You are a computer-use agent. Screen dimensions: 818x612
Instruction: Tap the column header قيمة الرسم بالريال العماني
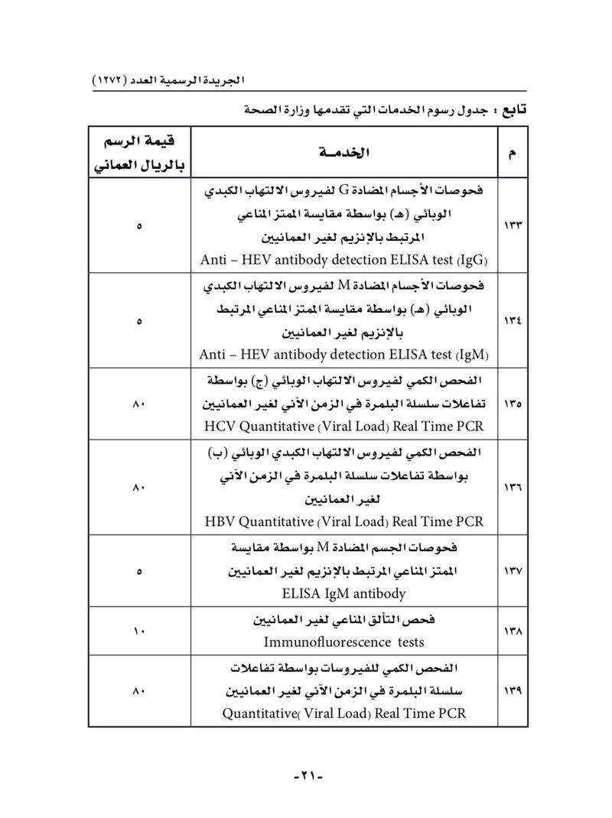(x=139, y=153)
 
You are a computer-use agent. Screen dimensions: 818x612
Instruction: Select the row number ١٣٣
(x=510, y=226)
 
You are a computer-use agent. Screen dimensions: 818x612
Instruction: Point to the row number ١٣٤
(x=510, y=321)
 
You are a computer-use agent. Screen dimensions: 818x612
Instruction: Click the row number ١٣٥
(x=510, y=403)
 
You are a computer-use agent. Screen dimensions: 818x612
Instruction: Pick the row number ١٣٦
(x=510, y=486)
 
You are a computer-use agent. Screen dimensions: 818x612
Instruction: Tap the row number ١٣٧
(x=510, y=571)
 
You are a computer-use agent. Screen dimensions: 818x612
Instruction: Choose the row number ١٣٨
(x=510, y=631)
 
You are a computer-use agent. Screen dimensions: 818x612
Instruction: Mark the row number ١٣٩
(x=510, y=691)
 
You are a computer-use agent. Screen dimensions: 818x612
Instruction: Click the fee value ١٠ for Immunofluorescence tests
(x=139, y=631)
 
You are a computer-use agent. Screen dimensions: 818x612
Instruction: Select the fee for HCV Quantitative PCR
(x=139, y=403)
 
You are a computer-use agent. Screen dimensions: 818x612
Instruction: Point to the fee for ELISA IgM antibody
(x=139, y=571)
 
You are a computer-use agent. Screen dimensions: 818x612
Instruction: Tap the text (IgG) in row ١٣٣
(x=473, y=259)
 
